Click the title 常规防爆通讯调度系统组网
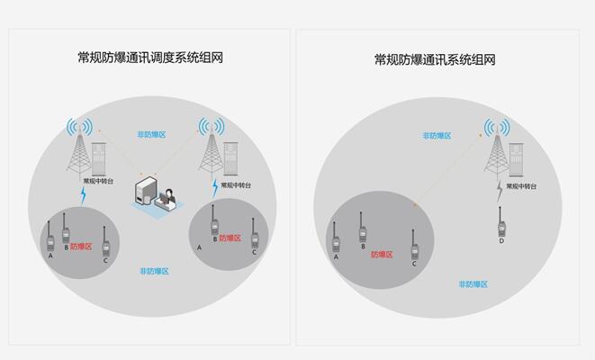[150, 58]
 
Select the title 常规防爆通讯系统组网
[435, 59]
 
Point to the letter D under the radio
[501, 241]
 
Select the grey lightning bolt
[500, 192]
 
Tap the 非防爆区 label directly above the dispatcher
[151, 135]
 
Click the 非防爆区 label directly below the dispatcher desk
[154, 271]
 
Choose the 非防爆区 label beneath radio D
[473, 284]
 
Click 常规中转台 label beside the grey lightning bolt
[521, 186]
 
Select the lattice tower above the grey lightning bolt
[497, 156]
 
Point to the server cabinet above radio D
[516, 159]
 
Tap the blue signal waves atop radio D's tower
[497, 127]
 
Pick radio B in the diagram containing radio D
[363, 227]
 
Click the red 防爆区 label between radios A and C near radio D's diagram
[382, 255]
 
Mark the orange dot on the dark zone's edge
[415, 205]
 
